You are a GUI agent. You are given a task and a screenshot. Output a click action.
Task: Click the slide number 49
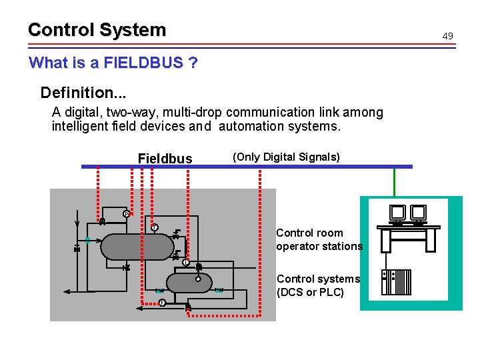[x=447, y=35]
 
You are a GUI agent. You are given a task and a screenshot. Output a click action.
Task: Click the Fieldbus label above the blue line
[x=165, y=159]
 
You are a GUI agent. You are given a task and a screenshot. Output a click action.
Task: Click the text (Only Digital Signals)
[x=286, y=157]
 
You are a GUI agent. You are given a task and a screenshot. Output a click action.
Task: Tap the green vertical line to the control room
[x=395, y=181]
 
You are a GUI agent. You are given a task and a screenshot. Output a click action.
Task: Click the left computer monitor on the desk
[x=398, y=213]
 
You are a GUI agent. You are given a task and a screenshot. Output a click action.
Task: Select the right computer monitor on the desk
[x=418, y=213]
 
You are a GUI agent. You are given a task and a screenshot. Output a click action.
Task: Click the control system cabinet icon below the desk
[x=397, y=282]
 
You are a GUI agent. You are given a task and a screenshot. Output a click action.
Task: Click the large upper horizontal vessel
[x=137, y=246]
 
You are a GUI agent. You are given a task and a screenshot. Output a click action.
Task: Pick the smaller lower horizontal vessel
[x=189, y=283]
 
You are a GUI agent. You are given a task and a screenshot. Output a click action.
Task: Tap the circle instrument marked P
[x=126, y=214]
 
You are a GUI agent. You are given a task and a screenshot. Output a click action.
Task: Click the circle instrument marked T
[x=154, y=227]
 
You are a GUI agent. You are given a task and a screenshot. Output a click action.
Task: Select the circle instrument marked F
[x=161, y=303]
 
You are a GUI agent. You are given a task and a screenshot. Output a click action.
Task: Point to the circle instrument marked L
[x=186, y=263]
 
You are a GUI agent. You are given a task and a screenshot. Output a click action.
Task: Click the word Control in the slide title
[x=61, y=30]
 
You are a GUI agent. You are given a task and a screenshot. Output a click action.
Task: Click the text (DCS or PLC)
[x=310, y=292]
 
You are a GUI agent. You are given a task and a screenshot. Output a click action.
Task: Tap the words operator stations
[x=319, y=246]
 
